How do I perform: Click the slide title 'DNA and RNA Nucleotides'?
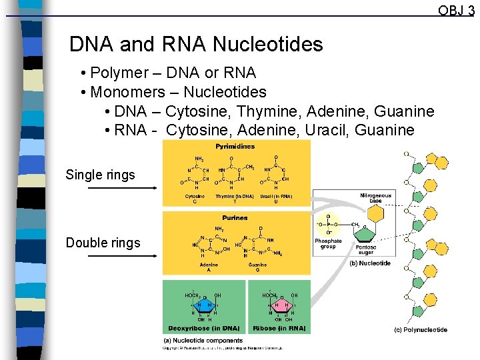(196, 45)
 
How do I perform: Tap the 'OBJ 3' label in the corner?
(456, 10)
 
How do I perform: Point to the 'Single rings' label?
(100, 175)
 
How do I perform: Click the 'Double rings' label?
(103, 243)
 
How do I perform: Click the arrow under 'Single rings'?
(123, 189)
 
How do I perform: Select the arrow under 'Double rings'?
(123, 257)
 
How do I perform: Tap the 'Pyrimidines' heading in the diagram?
(235, 146)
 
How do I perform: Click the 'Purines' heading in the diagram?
(235, 217)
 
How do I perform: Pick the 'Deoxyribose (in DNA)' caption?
(203, 329)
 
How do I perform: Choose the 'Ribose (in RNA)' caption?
(279, 329)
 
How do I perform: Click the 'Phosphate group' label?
(328, 244)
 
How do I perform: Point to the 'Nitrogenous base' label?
(376, 198)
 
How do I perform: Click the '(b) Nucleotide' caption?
(370, 263)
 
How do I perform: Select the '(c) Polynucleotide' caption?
(421, 330)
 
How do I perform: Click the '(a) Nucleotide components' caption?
(203, 341)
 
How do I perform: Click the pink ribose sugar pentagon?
(281, 306)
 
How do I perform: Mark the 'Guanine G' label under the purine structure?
(257, 267)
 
